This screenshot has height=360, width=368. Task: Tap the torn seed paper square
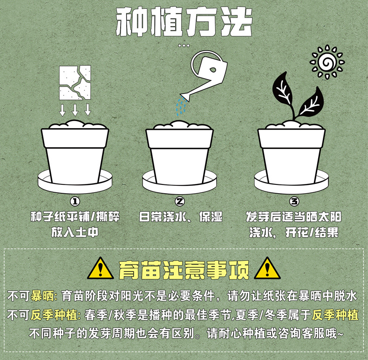(75, 82)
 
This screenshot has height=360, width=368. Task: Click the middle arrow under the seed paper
(75, 110)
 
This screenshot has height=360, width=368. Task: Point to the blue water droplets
(180, 107)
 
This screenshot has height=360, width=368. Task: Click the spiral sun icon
(327, 62)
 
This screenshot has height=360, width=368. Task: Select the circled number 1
(75, 201)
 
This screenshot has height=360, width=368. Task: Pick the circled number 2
(180, 201)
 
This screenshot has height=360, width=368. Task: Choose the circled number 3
(294, 201)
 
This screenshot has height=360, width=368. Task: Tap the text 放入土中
(75, 232)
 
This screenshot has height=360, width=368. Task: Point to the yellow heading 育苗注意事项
(184, 269)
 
